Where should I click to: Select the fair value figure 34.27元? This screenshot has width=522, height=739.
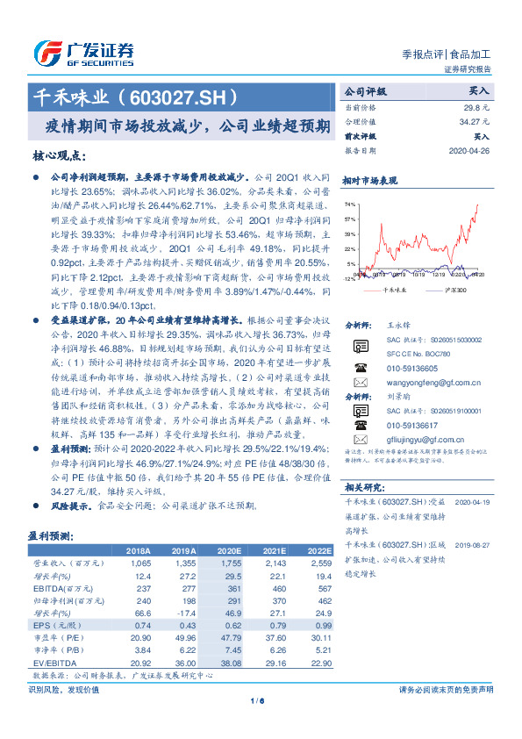[473, 122]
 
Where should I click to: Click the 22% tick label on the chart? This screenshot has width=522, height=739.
[350, 248]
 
